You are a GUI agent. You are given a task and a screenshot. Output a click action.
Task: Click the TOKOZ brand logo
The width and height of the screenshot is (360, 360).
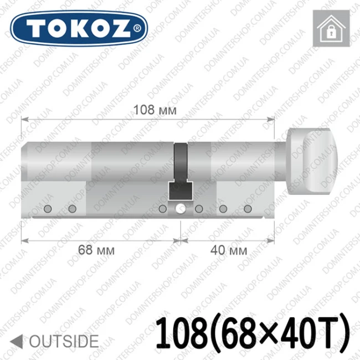(79, 28)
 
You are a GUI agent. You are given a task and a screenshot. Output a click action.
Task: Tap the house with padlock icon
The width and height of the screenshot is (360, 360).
(331, 28)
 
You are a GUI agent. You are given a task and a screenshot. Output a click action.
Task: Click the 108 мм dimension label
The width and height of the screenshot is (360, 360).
(155, 110)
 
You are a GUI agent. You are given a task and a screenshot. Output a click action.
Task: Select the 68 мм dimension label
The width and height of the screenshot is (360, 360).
(96, 250)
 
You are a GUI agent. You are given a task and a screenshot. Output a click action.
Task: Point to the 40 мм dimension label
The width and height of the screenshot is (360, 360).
(229, 250)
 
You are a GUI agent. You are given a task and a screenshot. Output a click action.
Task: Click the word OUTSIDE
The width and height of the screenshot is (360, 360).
(64, 341)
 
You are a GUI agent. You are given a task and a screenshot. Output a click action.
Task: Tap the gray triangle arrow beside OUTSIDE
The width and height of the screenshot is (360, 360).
(17, 341)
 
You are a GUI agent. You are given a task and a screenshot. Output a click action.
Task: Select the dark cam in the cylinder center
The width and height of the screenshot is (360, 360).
(181, 171)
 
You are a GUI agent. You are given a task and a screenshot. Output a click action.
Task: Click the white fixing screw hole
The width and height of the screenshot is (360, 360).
(181, 209)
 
